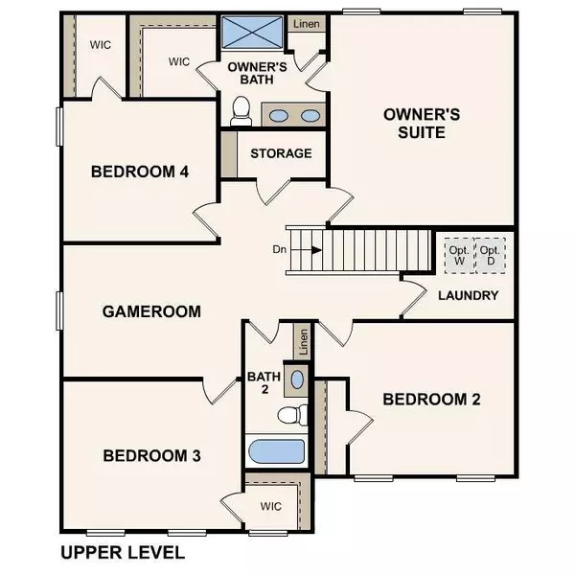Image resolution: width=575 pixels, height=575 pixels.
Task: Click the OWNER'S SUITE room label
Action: (x=422, y=124)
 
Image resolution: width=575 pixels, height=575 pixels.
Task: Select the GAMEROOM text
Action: (x=152, y=311)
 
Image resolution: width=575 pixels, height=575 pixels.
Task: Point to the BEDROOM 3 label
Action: (x=152, y=455)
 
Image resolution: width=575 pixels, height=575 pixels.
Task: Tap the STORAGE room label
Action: (x=281, y=153)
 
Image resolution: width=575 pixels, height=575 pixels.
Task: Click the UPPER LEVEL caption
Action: (x=123, y=552)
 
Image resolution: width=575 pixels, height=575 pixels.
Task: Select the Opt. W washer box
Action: (x=457, y=255)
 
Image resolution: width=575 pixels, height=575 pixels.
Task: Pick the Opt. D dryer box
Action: (x=492, y=255)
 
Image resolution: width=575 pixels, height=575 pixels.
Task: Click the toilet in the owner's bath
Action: (x=241, y=112)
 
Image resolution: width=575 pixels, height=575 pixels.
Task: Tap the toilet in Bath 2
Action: (x=291, y=414)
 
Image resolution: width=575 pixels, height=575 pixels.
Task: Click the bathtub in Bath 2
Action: (x=276, y=451)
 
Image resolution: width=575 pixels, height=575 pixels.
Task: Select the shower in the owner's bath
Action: (x=253, y=33)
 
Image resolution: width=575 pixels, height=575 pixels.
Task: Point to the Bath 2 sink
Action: (x=297, y=379)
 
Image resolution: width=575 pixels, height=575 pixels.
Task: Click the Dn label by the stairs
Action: (x=279, y=249)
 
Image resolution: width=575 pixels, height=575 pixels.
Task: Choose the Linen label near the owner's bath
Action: (x=306, y=23)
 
